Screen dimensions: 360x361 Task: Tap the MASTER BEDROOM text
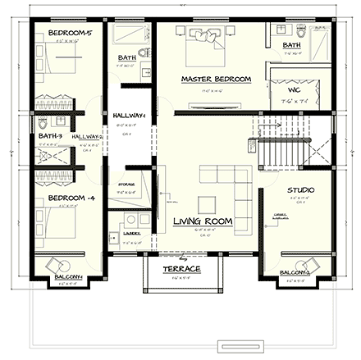pyautogui.click(x=216, y=79)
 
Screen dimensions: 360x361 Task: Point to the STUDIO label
pyautogui.click(x=300, y=190)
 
